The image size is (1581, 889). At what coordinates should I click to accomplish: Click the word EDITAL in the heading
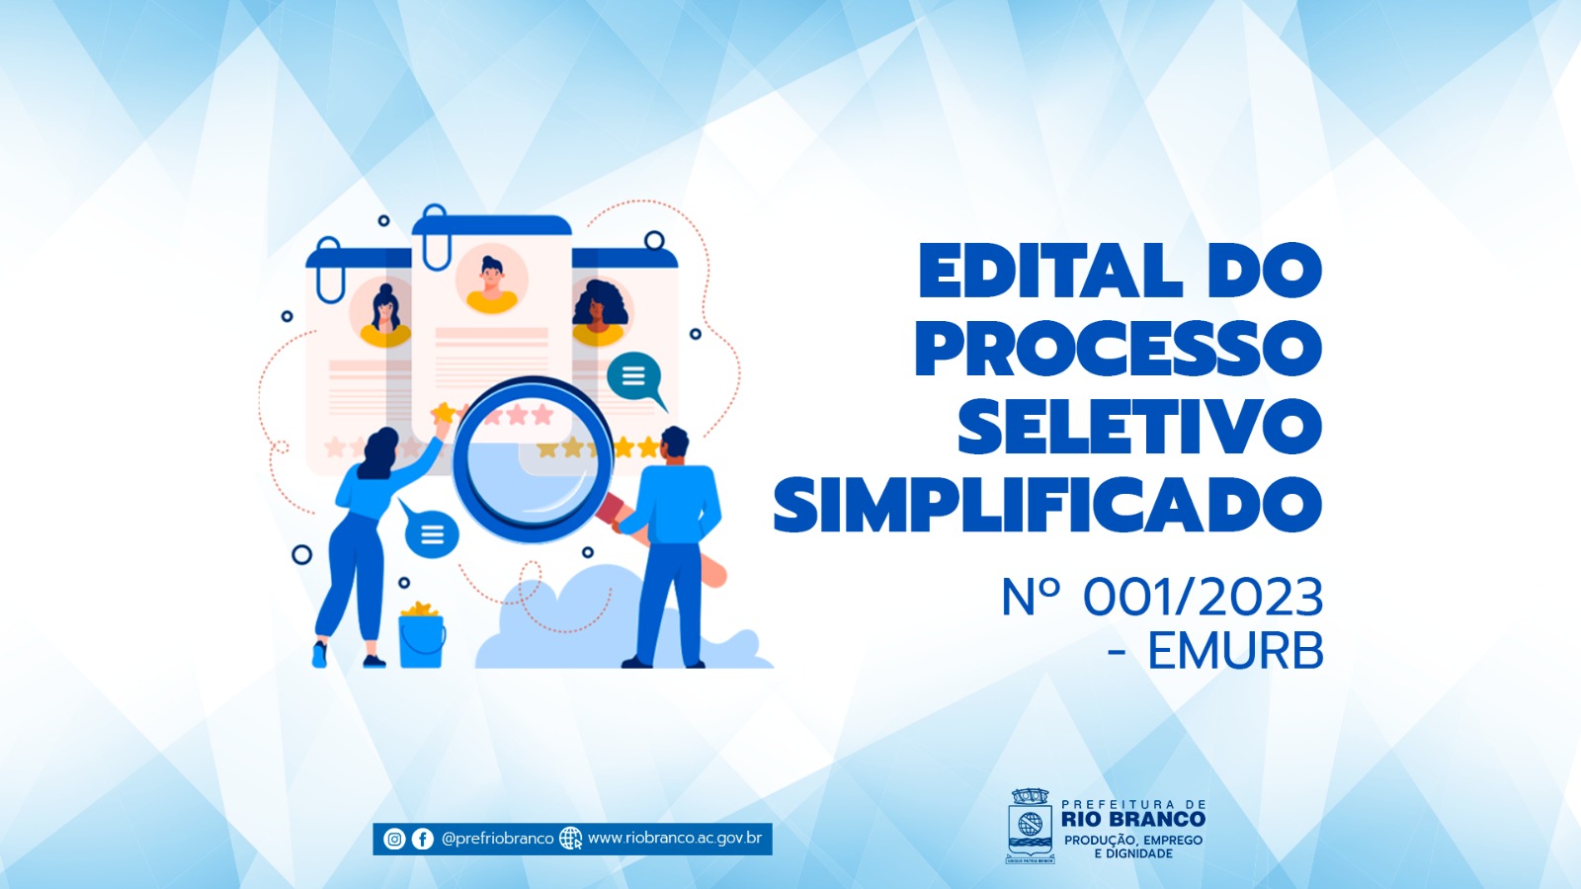click(1050, 271)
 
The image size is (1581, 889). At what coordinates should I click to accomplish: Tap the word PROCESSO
click(1119, 349)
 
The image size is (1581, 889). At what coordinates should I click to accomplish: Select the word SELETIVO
click(1140, 427)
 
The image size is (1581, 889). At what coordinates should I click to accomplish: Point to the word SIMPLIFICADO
click(1048, 505)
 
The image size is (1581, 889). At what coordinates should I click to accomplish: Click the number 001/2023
click(1204, 598)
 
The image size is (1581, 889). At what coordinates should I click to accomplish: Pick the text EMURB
click(1236, 651)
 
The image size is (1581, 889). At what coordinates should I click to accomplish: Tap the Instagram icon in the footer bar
click(394, 839)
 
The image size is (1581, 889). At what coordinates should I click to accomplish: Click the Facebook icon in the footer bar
click(423, 839)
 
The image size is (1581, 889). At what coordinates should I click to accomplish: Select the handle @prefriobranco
click(498, 839)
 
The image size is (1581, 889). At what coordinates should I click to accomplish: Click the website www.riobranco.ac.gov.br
click(675, 839)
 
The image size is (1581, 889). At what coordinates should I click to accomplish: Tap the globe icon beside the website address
click(570, 839)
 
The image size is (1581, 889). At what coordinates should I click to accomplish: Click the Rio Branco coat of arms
click(1031, 826)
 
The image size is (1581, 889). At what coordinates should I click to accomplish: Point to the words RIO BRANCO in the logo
click(1133, 819)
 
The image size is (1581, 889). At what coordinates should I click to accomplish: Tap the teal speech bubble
click(635, 379)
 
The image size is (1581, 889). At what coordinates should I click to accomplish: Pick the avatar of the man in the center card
click(492, 280)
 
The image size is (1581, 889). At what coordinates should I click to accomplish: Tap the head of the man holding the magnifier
click(674, 444)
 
